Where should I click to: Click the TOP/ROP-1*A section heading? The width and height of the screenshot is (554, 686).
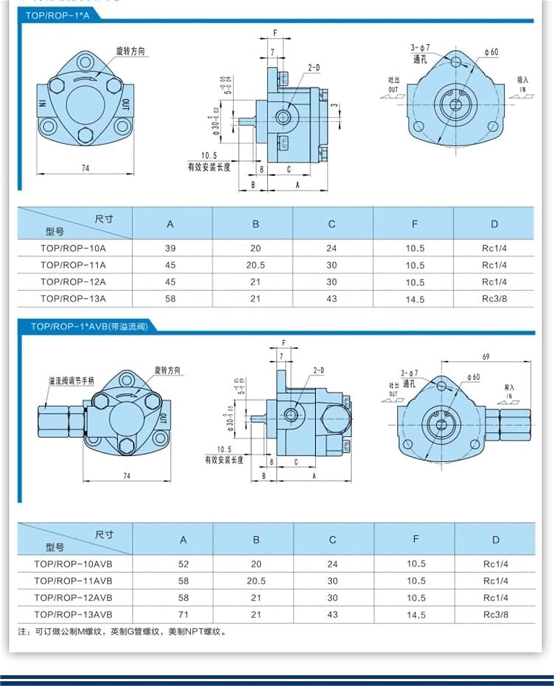(58, 16)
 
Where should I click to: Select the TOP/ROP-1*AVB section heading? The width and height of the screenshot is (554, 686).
(89, 327)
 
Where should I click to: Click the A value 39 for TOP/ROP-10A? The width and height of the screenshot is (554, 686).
(170, 248)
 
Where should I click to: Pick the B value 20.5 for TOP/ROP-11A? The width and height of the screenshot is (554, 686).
(255, 265)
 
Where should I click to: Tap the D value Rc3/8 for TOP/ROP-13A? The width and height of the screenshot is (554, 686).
(494, 299)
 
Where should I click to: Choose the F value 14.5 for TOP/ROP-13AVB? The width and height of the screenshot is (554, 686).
(416, 615)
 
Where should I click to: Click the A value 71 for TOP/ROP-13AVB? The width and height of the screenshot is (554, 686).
(183, 615)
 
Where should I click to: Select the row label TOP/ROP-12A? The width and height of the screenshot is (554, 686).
(73, 282)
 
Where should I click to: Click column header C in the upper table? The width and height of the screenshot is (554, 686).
(332, 224)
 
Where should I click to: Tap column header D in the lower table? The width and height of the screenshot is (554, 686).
(496, 540)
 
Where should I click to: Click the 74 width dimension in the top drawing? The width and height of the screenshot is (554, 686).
(85, 168)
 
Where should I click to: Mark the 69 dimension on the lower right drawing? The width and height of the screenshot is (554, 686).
(486, 356)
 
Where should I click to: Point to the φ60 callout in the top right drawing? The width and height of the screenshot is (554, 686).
(491, 52)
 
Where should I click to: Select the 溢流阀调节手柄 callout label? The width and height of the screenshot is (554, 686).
(72, 381)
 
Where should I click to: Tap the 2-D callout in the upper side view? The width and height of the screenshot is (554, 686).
(314, 68)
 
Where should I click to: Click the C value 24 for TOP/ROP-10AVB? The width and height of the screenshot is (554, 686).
(332, 564)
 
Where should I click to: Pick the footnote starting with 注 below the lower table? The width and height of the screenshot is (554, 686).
(122, 632)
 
